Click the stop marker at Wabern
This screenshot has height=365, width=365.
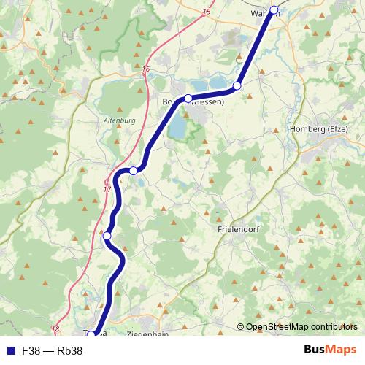click(274, 10)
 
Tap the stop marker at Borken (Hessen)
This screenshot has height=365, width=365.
click(188, 98)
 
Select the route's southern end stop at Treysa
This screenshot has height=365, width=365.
click(91, 336)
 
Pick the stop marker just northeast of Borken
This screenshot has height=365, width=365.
click(237, 86)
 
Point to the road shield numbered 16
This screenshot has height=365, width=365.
click(147, 69)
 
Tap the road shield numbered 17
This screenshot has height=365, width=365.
click(107, 189)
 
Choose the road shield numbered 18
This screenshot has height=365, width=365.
click(55, 330)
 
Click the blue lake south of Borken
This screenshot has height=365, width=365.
click(177, 128)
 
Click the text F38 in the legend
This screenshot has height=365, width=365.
click(31, 350)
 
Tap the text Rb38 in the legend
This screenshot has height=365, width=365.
click(70, 350)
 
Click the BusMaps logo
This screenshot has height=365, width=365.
click(330, 350)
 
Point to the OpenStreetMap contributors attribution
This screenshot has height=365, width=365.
click(301, 327)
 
